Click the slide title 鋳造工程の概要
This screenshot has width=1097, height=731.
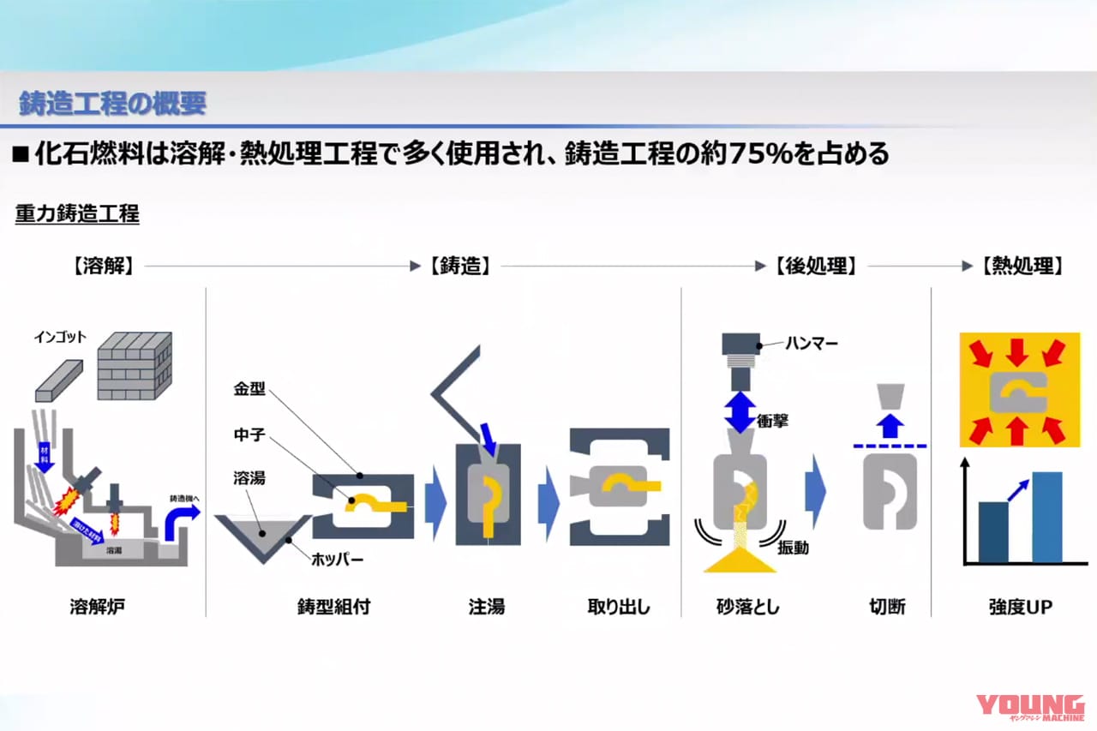112,104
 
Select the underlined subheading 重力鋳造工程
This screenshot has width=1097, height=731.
77,214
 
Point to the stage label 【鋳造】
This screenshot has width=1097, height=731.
459,267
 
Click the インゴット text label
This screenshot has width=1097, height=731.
60,337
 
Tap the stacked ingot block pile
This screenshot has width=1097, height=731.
135,366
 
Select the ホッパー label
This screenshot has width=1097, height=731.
339,560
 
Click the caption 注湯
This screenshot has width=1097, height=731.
486,608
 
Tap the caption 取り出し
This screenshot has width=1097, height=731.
618,608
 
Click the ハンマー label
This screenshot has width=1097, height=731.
812,344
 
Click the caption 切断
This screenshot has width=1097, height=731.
886,608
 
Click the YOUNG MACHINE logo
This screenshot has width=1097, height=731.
1032,708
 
